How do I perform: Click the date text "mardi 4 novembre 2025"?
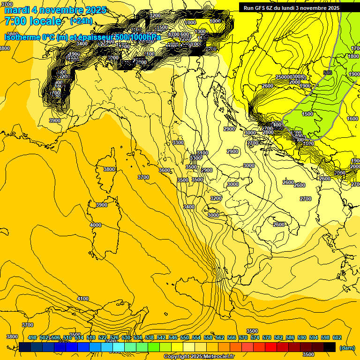(x=55, y=10)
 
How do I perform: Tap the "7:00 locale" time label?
(x=33, y=21)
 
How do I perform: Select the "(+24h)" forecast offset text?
(x=81, y=21)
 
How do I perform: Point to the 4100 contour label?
(x=82, y=299)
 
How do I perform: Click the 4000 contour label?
(x=96, y=225)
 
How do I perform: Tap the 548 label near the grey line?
(x=328, y=73)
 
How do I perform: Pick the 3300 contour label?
(x=178, y=142)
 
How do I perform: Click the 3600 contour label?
(x=164, y=170)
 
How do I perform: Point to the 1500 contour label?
(x=307, y=114)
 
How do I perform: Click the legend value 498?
(x=32, y=337)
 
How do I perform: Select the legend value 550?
(x=184, y=337)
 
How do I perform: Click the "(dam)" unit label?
(x=347, y=347)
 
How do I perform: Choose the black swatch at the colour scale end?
(x=330, y=347)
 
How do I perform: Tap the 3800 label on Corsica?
(x=109, y=169)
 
